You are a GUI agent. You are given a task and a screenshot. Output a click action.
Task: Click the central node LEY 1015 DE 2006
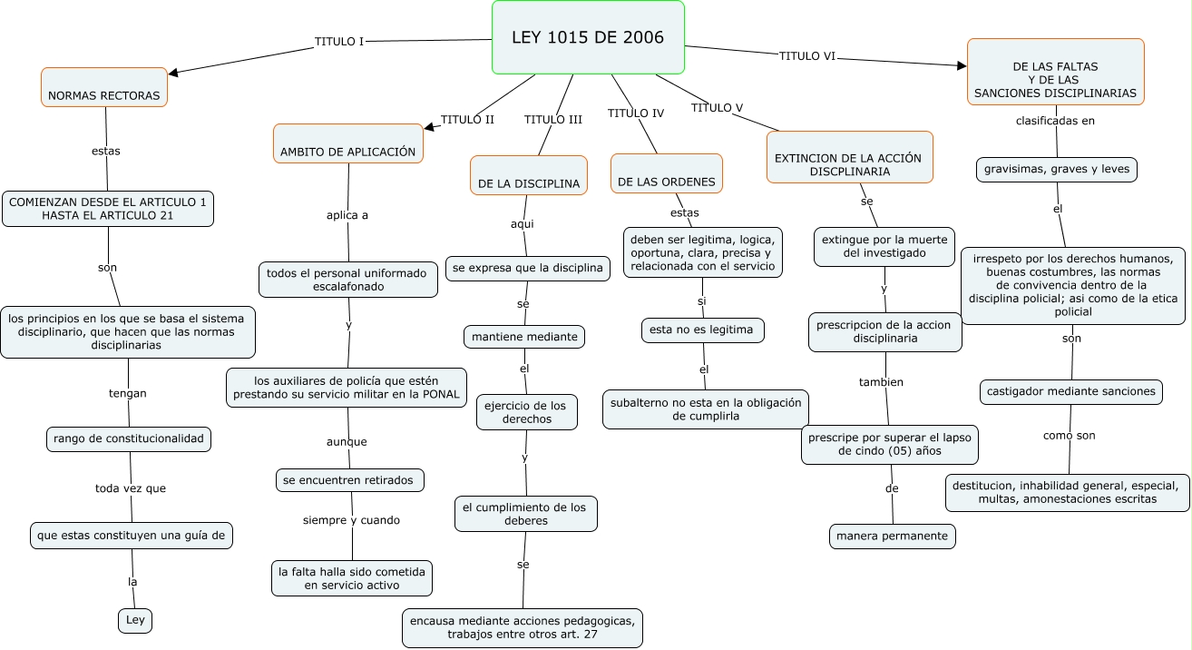coord(588,37)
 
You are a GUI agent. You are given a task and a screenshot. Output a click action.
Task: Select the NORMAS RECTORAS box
coord(104,88)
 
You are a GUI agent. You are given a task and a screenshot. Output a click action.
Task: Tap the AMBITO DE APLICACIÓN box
coord(348,143)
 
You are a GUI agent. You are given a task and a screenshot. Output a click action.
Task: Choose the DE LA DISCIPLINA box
coord(529,175)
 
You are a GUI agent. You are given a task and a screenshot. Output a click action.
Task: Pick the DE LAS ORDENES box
coord(667,173)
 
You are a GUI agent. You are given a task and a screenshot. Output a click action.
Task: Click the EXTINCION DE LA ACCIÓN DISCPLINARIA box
coord(849,157)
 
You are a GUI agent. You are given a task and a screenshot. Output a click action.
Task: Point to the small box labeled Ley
coord(135,620)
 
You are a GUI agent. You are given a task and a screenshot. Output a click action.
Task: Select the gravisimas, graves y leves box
coord(1057,170)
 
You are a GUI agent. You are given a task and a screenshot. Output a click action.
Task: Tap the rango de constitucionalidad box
coord(129,439)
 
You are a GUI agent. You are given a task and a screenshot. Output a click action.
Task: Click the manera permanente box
coord(893,537)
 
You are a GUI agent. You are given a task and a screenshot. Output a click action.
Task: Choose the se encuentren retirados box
coord(350,479)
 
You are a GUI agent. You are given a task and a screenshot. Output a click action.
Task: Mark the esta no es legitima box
coord(702,330)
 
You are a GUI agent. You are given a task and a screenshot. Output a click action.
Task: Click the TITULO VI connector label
coord(806,56)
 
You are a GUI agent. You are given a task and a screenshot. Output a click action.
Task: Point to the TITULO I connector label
coord(339,42)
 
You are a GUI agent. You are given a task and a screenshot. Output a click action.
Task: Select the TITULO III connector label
coord(552,120)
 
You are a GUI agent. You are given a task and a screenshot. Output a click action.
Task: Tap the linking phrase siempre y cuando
coord(351,520)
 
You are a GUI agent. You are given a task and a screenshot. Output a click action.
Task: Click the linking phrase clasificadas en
coord(1055,120)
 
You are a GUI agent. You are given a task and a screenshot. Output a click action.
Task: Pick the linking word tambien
coord(881,382)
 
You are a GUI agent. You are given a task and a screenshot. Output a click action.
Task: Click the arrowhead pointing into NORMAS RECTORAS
coord(175,73)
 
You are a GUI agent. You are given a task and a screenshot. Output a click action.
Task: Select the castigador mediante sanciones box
coord(1071,391)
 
